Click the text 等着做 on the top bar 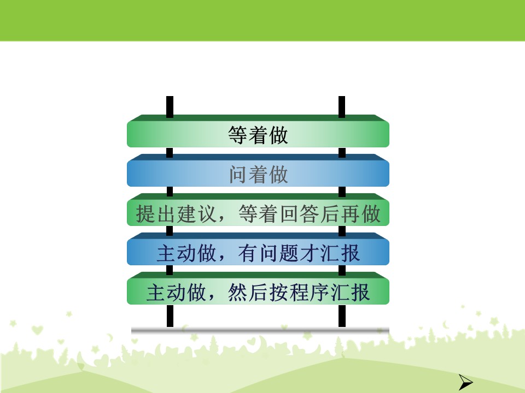258,135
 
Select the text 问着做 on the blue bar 258,174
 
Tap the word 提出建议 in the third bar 176,213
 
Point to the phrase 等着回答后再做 310,213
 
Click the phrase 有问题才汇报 299,253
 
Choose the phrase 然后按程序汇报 299,293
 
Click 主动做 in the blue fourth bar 186,253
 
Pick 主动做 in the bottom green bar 176,293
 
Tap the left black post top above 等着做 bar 170,107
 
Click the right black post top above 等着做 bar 341,107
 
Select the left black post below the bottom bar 170,316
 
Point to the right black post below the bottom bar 342,316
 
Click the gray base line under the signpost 260,330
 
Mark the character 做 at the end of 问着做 278,174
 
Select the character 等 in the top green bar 238,135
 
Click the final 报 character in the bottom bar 360,293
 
